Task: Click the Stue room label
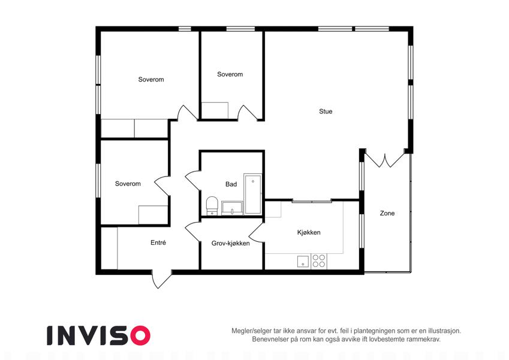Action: (x=326, y=112)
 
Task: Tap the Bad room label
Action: (x=231, y=184)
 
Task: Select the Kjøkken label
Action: (x=309, y=232)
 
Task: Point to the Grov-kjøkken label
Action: (x=230, y=243)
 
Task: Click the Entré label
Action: (x=158, y=242)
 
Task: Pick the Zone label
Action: (x=387, y=213)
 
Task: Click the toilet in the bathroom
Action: (x=212, y=206)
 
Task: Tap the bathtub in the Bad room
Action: (x=252, y=194)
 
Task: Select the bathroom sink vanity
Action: (x=232, y=208)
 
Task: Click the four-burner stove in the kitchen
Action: (x=319, y=261)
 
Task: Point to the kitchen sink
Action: (x=303, y=261)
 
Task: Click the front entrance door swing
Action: (x=161, y=279)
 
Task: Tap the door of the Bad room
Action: (x=194, y=180)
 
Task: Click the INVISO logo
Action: (x=99, y=335)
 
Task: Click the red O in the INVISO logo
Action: (x=140, y=335)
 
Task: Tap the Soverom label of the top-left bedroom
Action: (x=151, y=80)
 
